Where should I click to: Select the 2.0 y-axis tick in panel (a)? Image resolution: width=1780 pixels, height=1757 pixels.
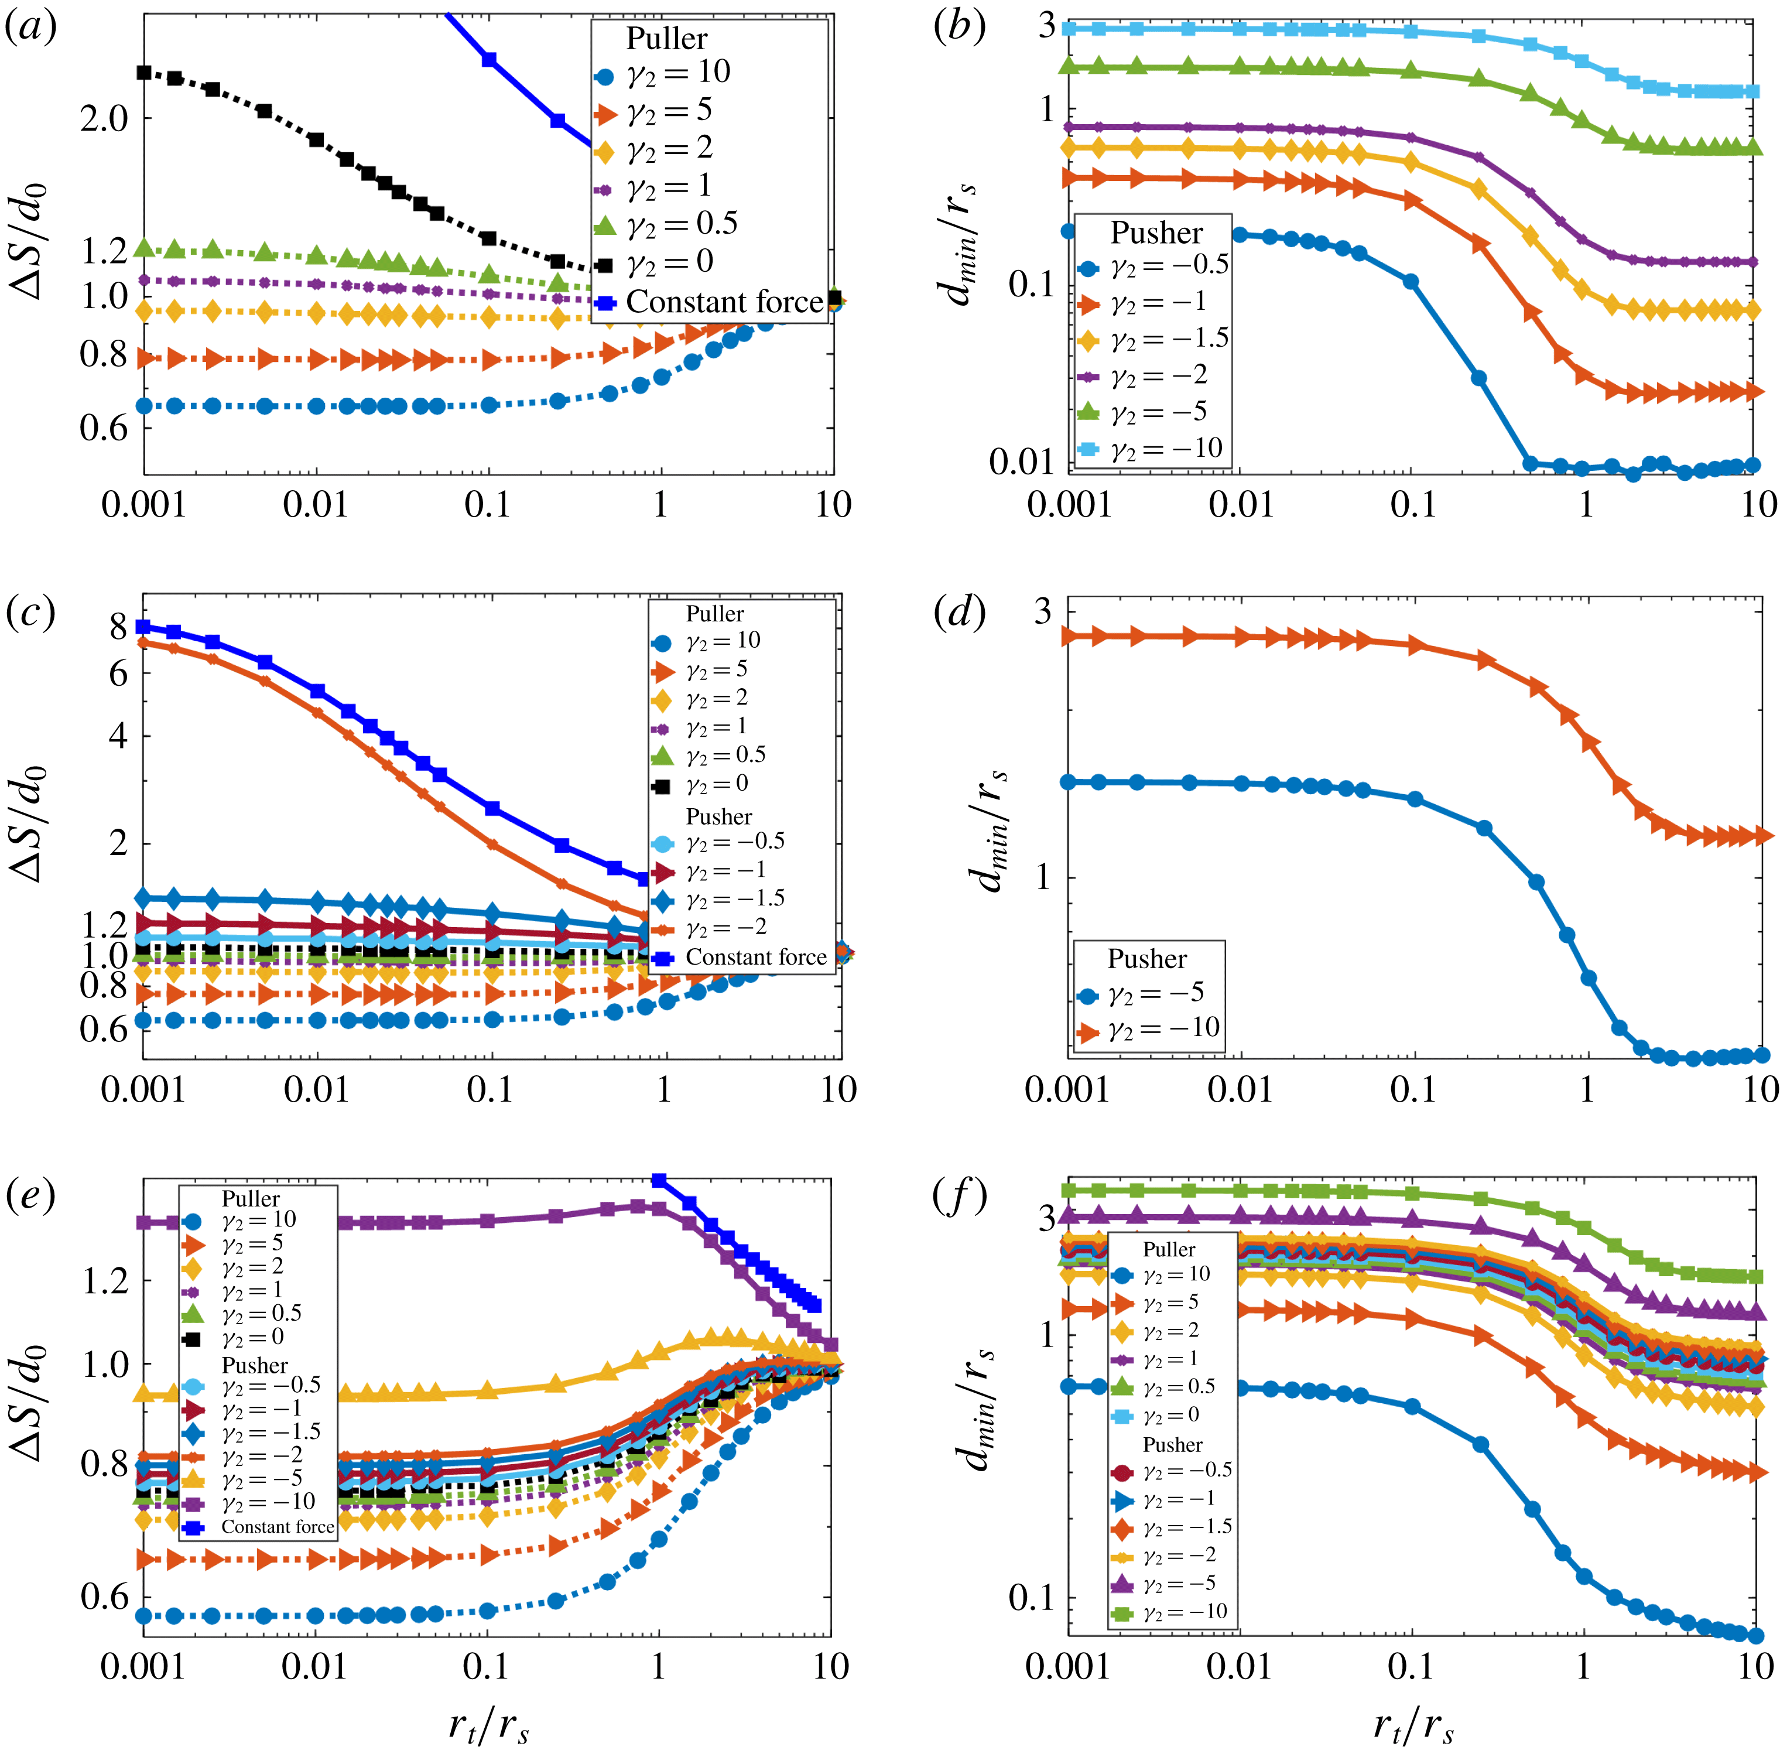(x=105, y=119)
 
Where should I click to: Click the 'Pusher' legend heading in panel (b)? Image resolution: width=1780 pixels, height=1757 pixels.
(x=1156, y=232)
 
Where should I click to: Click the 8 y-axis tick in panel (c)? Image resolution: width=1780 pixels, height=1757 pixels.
(x=118, y=627)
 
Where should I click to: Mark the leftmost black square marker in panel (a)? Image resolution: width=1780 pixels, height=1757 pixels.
(x=143, y=72)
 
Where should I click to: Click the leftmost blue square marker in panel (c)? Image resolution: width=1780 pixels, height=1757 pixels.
(x=143, y=627)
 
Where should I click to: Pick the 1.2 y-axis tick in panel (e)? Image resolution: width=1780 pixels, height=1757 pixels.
(x=105, y=1281)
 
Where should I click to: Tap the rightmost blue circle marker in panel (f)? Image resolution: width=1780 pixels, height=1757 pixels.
(x=1756, y=1635)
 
